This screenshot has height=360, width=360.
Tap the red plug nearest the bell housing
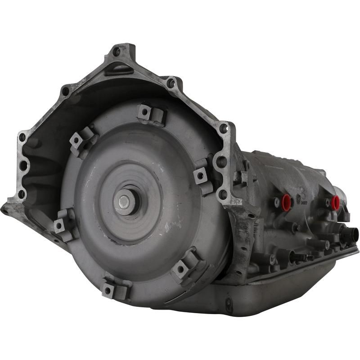tap(286, 202)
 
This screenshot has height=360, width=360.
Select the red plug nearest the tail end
tap(335, 202)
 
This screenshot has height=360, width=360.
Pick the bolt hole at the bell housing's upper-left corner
tap(66, 91)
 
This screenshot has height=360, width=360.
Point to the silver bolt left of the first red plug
tap(276, 203)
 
